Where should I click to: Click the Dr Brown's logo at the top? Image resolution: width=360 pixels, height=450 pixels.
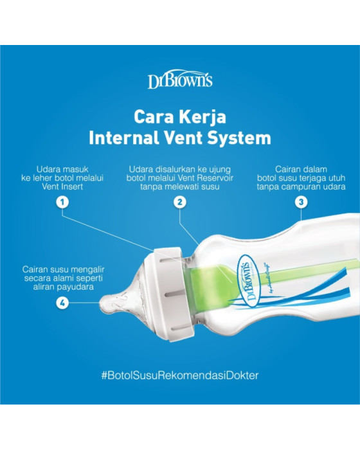coord(180,79)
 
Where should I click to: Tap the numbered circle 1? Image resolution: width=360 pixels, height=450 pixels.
coord(62,202)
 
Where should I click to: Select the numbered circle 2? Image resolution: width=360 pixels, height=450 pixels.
coord(180,202)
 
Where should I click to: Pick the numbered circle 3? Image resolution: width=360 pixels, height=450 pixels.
coord(301,202)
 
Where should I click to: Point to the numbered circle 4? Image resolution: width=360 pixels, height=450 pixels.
coord(62,303)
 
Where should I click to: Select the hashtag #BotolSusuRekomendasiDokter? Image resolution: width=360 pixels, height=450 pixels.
coord(180,375)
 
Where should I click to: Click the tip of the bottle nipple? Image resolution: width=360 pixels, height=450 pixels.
coord(101,303)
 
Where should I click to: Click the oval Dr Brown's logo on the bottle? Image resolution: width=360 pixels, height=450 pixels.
coord(248,281)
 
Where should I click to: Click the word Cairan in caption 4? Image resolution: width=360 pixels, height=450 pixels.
coord(35,269)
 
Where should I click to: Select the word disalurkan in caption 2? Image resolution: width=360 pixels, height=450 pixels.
coord(172,169)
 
